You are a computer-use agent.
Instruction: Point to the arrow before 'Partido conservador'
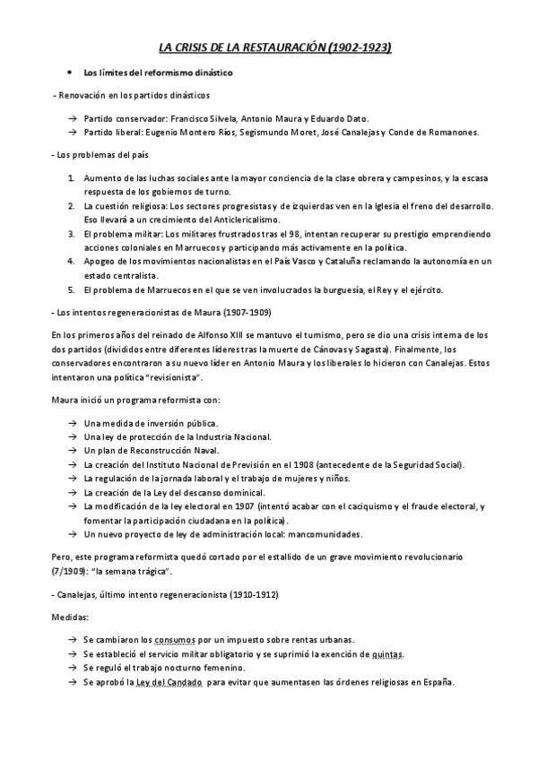72,118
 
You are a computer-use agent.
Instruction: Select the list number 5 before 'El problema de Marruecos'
72,289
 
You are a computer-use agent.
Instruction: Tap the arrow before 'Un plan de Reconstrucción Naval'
72,450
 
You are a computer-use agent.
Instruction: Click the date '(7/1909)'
72,571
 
